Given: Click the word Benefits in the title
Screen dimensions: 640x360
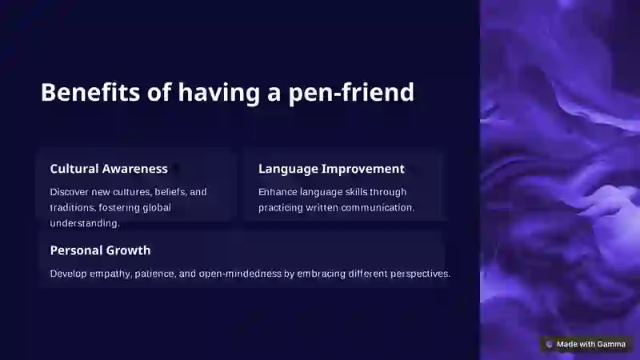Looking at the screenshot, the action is pos(90,92).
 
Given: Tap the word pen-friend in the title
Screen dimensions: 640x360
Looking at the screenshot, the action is pos(351,93).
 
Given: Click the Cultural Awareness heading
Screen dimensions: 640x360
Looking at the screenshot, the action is pos(109,169).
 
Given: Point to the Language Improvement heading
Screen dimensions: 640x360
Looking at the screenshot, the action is pos(331,169).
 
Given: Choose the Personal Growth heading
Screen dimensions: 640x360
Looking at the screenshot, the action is pos(100,250).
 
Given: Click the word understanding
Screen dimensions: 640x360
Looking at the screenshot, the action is pos(85,223).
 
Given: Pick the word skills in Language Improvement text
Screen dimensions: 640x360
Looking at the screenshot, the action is pos(356,192).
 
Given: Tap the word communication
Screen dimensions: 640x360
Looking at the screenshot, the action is pos(378,208).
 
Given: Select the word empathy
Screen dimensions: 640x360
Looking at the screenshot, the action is pos(110,274).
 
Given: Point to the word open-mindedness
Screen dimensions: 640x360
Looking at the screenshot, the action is pos(240,274).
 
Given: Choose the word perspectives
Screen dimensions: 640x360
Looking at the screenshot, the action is pos(420,274).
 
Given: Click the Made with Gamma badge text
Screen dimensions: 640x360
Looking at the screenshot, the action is pos(590,345).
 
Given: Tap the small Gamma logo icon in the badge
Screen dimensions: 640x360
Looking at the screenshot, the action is pos(550,345).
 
